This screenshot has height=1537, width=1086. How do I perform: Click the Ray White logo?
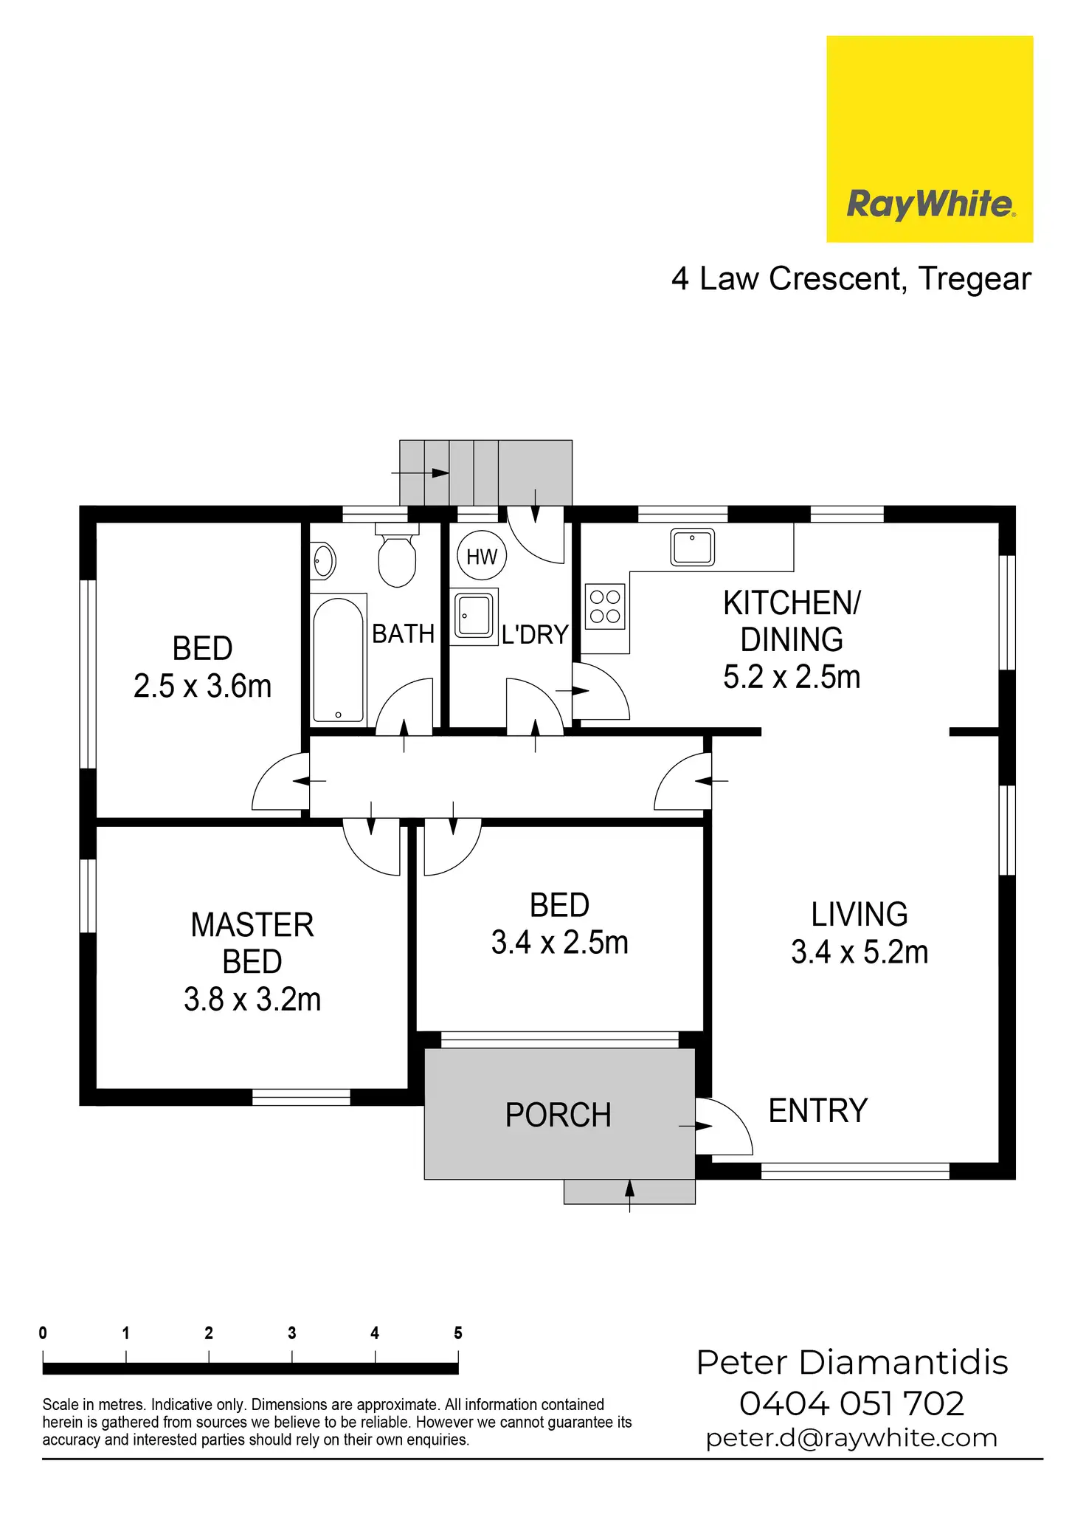coord(930,139)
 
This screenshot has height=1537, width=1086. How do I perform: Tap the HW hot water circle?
coord(482,557)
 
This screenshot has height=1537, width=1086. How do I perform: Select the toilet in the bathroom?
coord(397,555)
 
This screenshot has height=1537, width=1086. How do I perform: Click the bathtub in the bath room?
coord(339,659)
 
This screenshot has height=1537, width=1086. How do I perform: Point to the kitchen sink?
coord(693,547)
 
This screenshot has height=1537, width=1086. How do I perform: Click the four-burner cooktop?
coord(605,606)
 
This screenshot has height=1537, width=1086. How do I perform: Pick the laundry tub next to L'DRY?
coord(474,616)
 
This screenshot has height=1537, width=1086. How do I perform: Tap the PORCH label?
coord(558,1115)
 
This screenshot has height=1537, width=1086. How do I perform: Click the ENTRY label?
coord(818,1110)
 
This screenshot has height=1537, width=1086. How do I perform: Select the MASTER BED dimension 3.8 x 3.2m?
coord(252,1000)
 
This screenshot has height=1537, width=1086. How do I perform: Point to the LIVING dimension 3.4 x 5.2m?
coord(860,952)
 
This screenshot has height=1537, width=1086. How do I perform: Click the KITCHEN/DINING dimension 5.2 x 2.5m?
coord(792,677)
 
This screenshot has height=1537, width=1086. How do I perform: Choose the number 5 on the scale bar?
coord(458,1333)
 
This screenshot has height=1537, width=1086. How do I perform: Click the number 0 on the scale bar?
coord(43,1333)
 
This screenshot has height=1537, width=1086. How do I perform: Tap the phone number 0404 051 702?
coord(852,1403)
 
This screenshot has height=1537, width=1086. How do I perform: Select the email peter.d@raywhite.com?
coord(851,1438)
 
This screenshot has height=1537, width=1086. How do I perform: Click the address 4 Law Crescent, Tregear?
coord(851,279)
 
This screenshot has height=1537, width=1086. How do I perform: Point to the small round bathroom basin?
coord(323,561)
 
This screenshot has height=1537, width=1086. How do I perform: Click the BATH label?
coord(403,634)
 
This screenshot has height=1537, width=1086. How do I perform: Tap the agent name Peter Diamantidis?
coord(852,1363)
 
